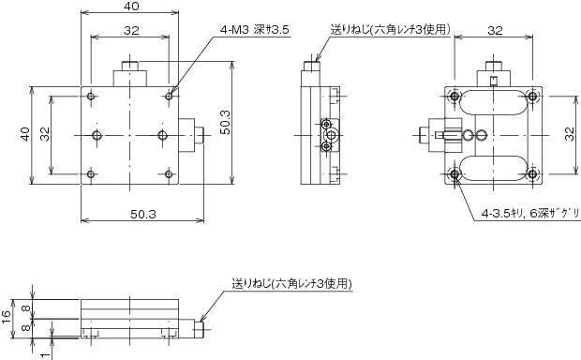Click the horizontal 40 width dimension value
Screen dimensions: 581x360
tap(132, 7)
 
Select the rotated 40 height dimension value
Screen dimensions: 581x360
tap(24, 134)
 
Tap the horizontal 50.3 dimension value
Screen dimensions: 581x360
tap(143, 215)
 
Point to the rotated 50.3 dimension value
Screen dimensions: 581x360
tap(225, 123)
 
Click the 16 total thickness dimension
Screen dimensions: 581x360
tap(7, 317)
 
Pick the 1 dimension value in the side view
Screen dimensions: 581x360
tap(45, 355)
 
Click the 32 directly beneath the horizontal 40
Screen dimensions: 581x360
tap(131, 30)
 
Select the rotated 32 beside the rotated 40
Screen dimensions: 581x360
tap(45, 134)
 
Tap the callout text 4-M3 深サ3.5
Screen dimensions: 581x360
tap(254, 30)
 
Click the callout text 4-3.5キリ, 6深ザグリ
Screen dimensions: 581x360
tap(530, 214)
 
